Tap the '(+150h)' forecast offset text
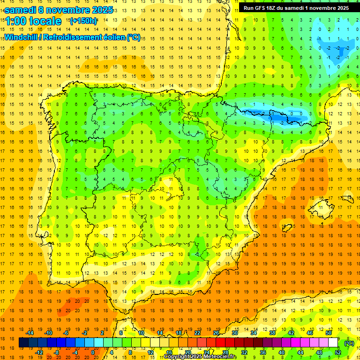pos(83,21)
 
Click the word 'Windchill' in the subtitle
pos(21,37)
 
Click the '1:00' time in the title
pos(15,21)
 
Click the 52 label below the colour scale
pos(338,352)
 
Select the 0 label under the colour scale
pos(93,352)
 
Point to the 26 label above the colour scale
pos(216,333)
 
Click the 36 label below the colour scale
pos(263,352)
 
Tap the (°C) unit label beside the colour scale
pos(349,343)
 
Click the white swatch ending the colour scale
pos(333,343)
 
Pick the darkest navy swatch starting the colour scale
pos(23,343)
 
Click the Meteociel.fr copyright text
pos(200,357)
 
